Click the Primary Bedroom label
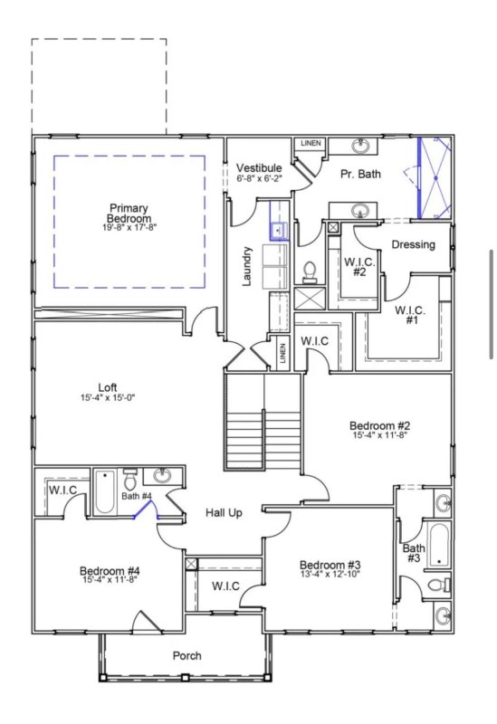[x=129, y=214]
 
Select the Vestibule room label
[x=259, y=168]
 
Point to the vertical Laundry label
[x=247, y=267]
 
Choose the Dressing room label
[x=413, y=244]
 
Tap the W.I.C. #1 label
[x=411, y=314]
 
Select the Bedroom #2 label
[x=380, y=425]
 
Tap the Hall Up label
[x=223, y=513]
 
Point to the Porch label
[x=187, y=655]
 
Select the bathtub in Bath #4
[x=105, y=492]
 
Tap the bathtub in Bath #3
[x=438, y=543]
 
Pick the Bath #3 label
[x=414, y=553]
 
